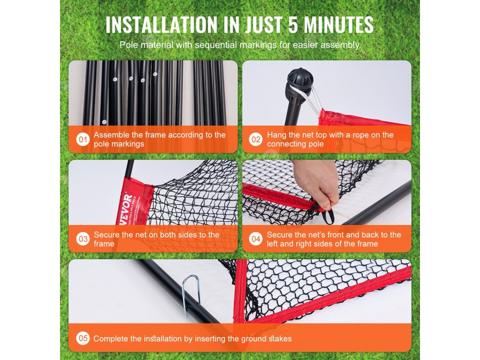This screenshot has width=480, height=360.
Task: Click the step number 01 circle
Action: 83,140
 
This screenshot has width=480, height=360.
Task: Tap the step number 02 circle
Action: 255,140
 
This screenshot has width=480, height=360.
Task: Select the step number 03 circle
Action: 83,239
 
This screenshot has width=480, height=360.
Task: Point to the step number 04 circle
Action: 255,239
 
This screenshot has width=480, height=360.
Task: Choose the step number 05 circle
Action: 83,338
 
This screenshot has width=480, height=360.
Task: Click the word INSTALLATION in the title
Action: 161,24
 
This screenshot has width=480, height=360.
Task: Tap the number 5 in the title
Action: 292,24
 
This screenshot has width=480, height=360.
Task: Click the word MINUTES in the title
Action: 338,24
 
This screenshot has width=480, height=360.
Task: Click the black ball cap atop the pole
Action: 300,79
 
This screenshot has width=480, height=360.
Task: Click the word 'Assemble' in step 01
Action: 112,135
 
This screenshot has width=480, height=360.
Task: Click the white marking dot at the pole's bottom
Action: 104,122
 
